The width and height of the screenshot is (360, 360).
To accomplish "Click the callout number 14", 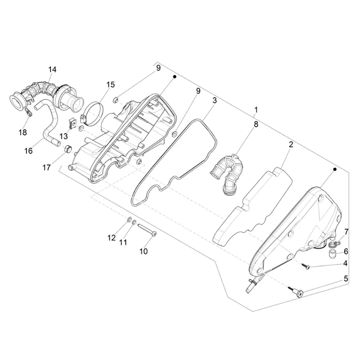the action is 52,69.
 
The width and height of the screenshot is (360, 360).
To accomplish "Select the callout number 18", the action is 23,132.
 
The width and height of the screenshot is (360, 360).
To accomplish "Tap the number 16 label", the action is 29,151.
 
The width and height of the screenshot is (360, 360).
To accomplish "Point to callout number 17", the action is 46,167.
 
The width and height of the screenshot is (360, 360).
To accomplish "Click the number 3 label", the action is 215,100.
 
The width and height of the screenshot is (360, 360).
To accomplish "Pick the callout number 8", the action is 256,124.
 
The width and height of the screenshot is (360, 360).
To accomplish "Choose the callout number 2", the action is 291,144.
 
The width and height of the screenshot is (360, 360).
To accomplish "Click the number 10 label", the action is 144,252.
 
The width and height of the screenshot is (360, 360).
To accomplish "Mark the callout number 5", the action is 346,279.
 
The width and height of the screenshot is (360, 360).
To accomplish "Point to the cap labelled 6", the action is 331,254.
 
